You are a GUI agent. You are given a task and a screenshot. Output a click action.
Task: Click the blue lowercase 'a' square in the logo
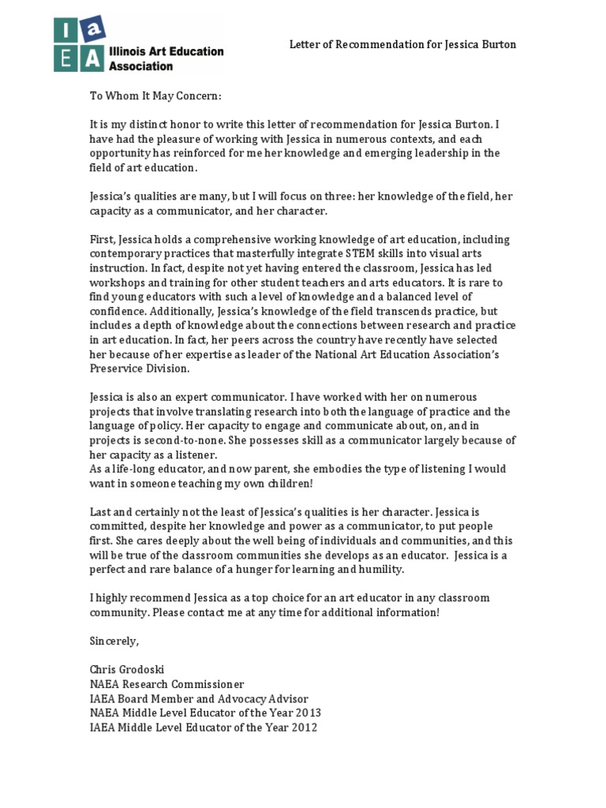pyautogui.click(x=95, y=28)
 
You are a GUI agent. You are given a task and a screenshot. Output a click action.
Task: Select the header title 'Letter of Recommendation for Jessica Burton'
pyautogui.click(x=402, y=44)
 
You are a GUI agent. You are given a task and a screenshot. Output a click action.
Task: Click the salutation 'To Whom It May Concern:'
pyautogui.click(x=155, y=95)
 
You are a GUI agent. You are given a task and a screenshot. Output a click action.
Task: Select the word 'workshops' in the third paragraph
pyautogui.click(x=114, y=282)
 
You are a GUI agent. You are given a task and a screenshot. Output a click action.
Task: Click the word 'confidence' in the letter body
pyautogui.click(x=117, y=311)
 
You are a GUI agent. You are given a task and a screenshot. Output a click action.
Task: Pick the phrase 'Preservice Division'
pyautogui.click(x=140, y=368)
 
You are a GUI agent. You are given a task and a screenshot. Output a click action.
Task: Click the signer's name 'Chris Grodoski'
pyautogui.click(x=128, y=670)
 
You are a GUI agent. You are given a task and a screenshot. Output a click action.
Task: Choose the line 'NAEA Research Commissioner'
pyautogui.click(x=166, y=684)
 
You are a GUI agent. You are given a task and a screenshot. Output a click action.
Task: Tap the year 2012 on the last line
pyautogui.click(x=303, y=727)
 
